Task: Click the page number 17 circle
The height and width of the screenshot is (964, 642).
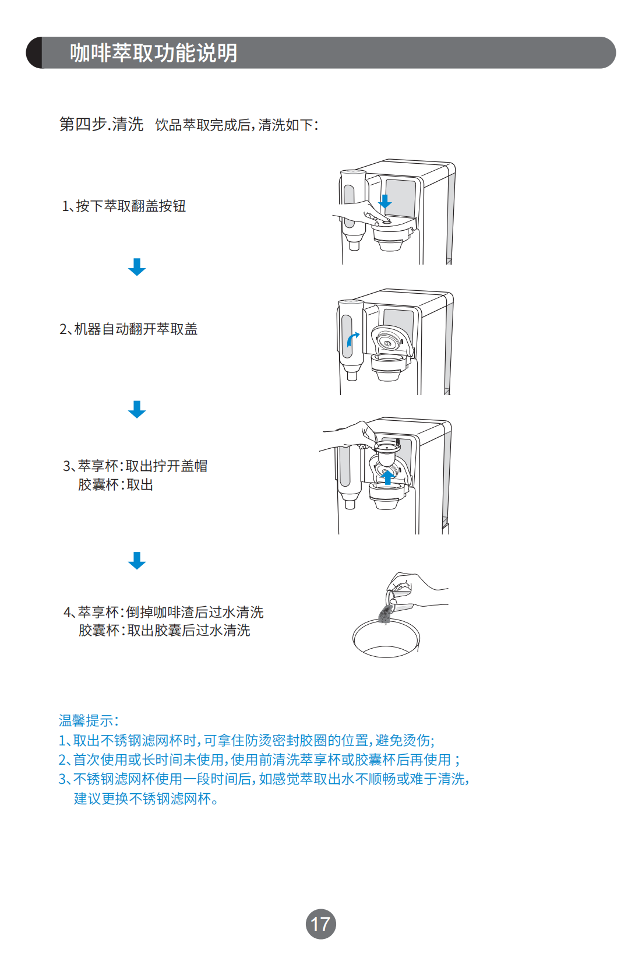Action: click(x=320, y=924)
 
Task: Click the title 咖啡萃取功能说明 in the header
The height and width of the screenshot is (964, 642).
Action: click(x=153, y=53)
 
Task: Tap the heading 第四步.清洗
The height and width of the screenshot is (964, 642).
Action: click(x=101, y=124)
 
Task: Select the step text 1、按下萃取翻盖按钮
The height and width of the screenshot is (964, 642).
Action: click(x=124, y=206)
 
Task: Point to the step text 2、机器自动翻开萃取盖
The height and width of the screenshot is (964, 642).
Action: click(x=129, y=329)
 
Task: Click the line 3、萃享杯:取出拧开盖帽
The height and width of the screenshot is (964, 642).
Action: click(x=135, y=466)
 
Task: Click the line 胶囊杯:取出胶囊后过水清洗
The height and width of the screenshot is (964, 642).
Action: click(x=164, y=631)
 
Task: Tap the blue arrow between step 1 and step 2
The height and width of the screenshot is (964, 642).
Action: click(x=137, y=267)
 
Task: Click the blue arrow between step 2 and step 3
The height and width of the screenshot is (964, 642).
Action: click(x=137, y=409)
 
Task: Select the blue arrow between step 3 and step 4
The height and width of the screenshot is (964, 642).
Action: click(x=137, y=560)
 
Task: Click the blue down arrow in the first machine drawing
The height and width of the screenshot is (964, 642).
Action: click(x=385, y=202)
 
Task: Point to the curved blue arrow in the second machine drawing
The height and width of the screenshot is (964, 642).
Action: click(x=352, y=339)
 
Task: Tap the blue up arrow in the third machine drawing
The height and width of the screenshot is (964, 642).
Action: click(x=387, y=477)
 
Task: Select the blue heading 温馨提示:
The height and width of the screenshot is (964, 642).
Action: click(x=89, y=721)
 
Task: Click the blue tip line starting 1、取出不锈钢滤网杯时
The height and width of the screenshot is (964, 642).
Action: click(x=246, y=741)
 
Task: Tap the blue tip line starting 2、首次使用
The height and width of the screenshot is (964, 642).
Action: click(x=259, y=760)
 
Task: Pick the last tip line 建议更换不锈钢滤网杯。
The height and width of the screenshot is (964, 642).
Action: click(x=146, y=799)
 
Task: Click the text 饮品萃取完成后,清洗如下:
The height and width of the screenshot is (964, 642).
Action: click(x=237, y=125)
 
